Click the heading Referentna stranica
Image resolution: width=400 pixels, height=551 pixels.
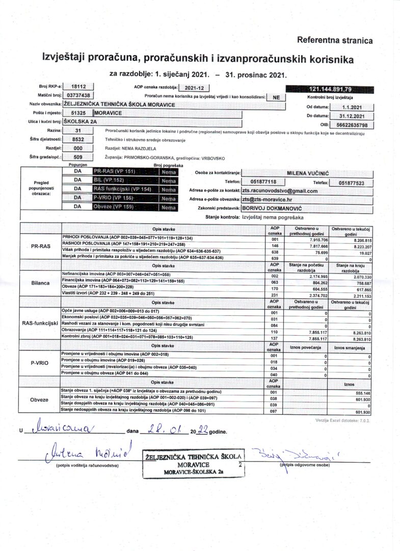pos(334,40)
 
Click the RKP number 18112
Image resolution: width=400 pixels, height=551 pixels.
pos(78,87)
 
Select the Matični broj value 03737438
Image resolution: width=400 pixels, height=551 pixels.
pos(78,95)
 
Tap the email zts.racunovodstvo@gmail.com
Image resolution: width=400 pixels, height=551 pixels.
pos(280,191)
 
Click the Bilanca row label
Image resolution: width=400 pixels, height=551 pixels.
pos(40,282)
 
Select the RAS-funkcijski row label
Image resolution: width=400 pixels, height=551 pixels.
pos(40,323)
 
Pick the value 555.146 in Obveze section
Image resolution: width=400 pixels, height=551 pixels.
pos(362,392)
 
